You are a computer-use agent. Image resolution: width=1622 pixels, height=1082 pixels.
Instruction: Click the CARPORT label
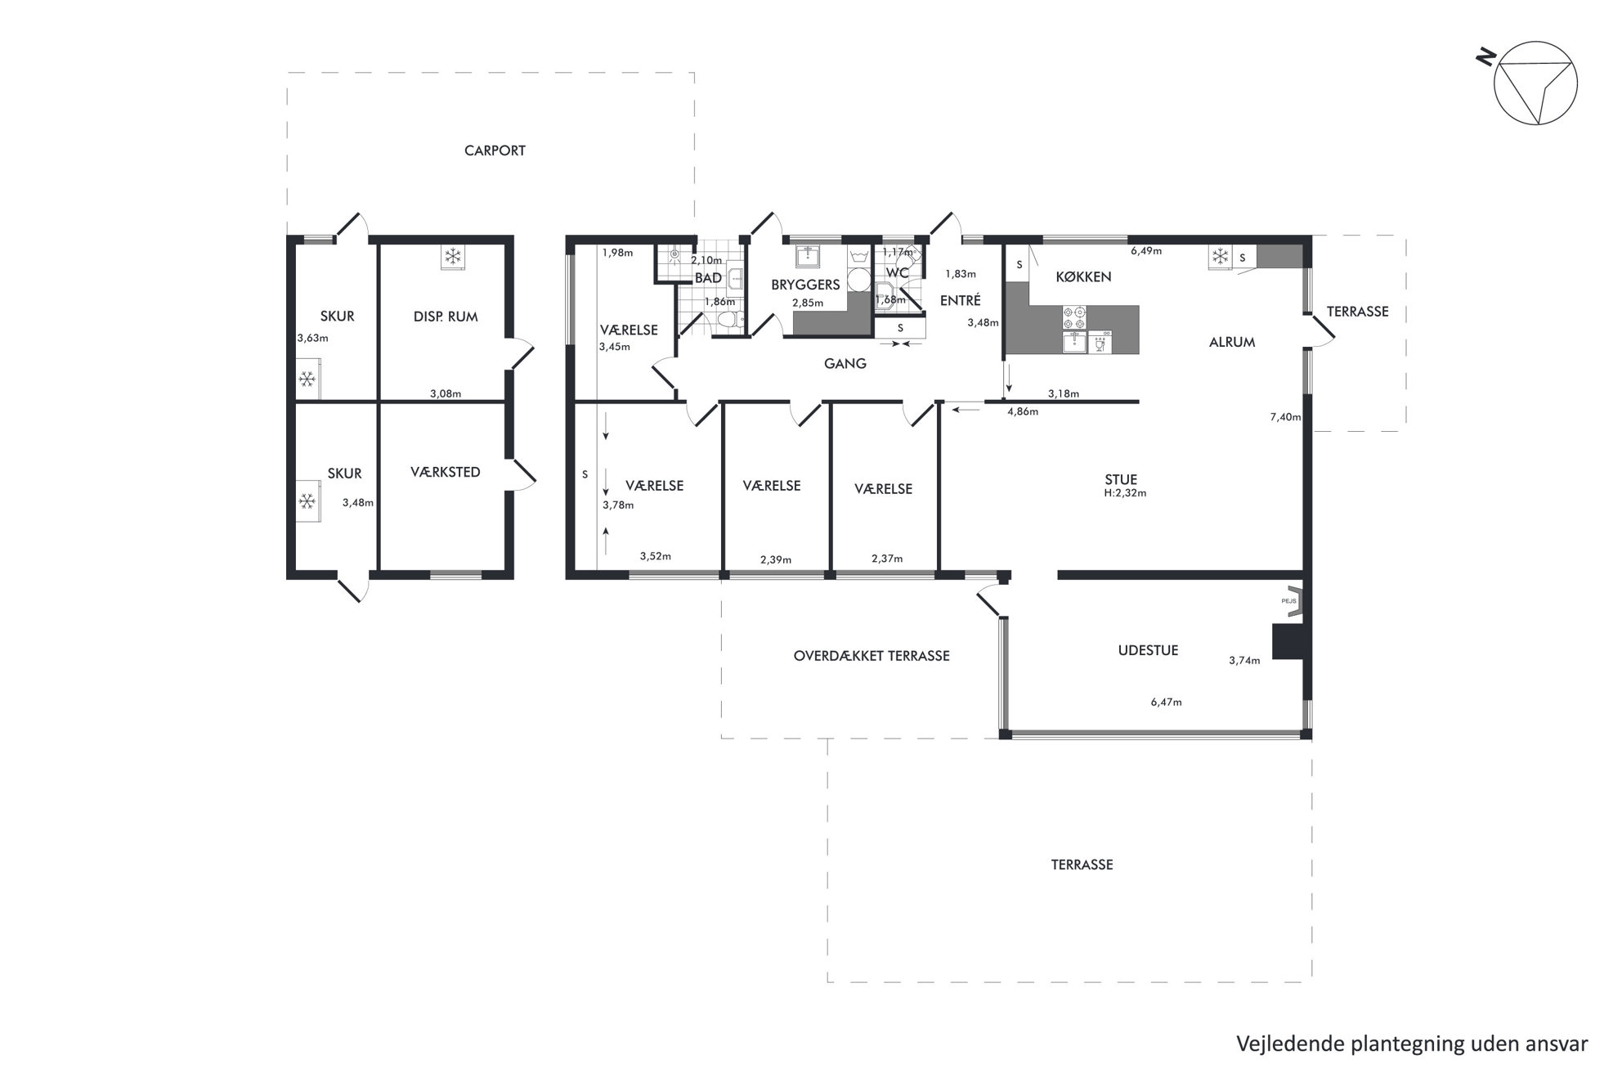495,150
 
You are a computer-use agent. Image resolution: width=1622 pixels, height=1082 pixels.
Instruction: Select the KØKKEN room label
1083,277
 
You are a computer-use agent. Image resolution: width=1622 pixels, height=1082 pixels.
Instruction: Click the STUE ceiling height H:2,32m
1125,493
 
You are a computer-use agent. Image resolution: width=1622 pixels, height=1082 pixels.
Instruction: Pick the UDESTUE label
1148,651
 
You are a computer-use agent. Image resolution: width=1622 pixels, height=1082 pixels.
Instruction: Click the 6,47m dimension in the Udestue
1166,702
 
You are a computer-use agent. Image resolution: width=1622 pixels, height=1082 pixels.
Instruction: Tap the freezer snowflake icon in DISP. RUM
451,257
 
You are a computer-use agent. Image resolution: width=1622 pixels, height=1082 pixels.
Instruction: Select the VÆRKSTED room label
446,473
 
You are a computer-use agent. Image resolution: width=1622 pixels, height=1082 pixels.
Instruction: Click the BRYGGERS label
805,285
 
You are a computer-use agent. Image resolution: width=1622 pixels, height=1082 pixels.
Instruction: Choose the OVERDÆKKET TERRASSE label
871,656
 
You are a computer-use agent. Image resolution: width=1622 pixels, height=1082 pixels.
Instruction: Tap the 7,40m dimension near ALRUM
1285,417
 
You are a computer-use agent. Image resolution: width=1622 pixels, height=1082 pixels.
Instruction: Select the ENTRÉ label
960,301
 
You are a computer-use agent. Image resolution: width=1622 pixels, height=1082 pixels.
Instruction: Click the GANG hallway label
845,364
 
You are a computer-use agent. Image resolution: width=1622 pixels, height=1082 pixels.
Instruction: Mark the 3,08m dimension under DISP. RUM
446,394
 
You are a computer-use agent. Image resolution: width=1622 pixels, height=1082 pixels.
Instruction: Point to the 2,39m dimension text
776,560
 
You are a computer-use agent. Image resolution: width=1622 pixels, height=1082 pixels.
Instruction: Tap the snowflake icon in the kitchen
1220,257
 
